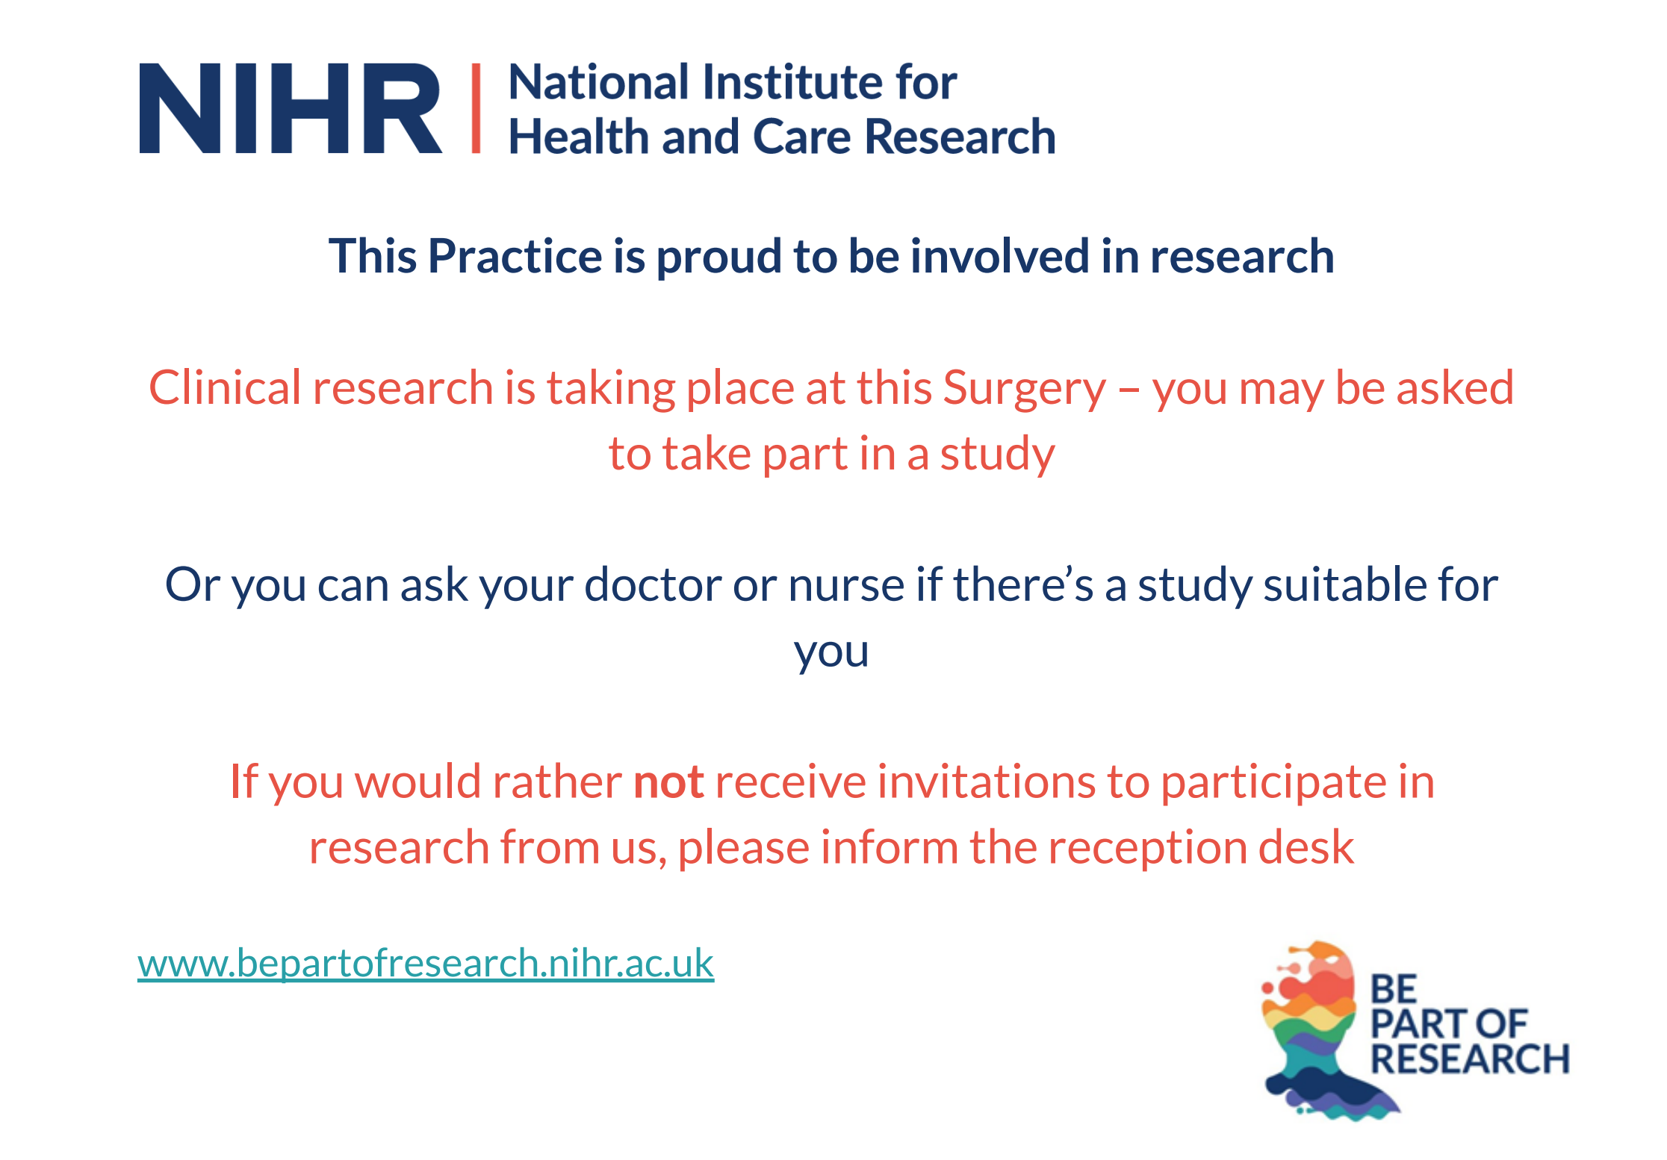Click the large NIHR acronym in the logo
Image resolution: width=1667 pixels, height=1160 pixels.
[291, 108]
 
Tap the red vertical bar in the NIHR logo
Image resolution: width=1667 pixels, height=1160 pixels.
[476, 108]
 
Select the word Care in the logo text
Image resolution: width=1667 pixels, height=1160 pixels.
[801, 137]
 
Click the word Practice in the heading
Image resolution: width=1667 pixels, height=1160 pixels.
[515, 256]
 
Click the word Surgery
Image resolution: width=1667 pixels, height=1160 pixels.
[1025, 390]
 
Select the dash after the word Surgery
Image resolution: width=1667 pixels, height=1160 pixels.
[1129, 390]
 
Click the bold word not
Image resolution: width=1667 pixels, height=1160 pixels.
[668, 783]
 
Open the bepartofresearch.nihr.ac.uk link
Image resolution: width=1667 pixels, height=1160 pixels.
[426, 963]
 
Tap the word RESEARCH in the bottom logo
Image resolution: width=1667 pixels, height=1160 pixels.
[1470, 1059]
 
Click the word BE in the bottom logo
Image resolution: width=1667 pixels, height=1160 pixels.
[1394, 989]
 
